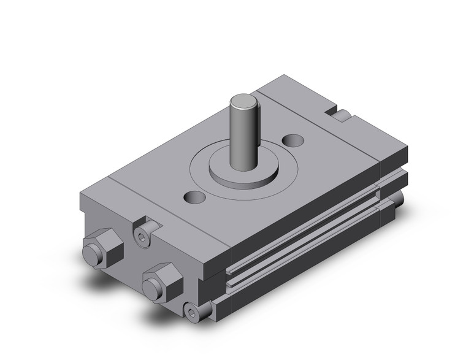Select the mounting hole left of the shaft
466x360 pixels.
(196, 197)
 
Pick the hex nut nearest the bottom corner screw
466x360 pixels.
(162, 281)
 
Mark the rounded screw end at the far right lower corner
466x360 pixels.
(399, 199)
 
